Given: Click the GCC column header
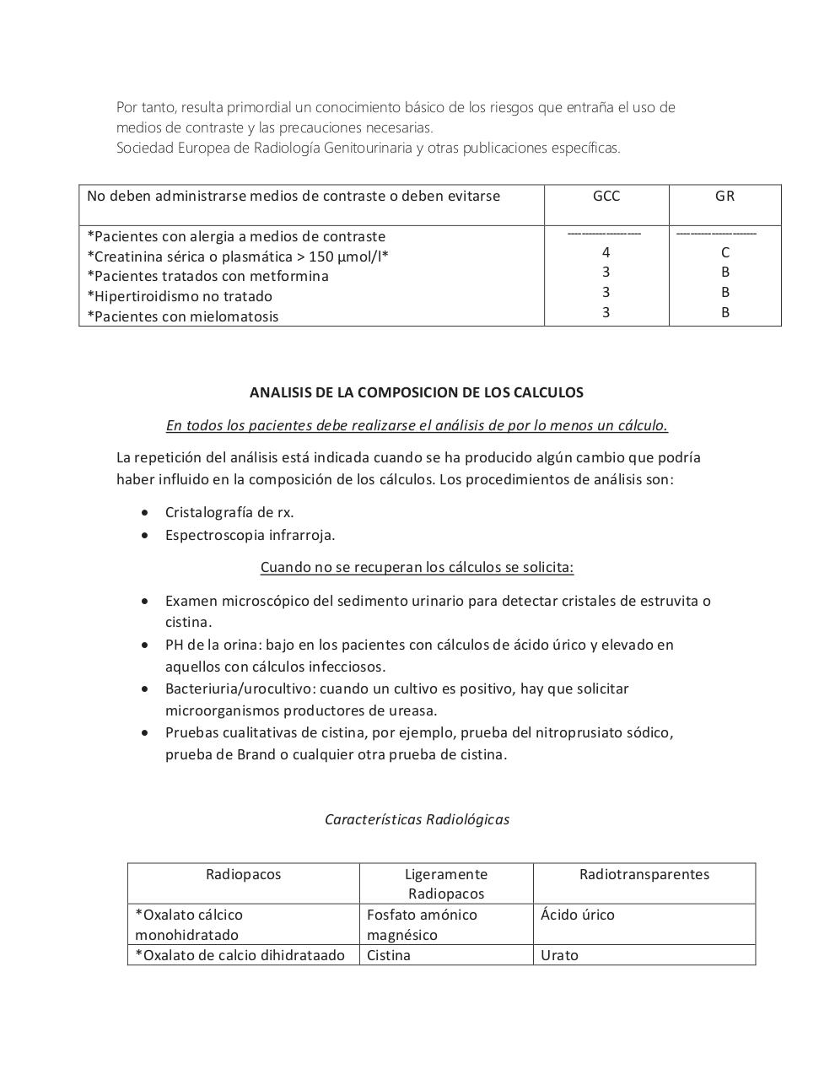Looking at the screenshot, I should coord(606,196).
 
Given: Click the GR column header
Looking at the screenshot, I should coord(725,196).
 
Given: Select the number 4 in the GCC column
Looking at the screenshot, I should coord(606,252).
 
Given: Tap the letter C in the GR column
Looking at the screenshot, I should coord(725,252).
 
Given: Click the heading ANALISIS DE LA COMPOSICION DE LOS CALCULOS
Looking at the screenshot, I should coord(417,392).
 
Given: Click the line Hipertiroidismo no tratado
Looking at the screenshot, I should coord(180,296).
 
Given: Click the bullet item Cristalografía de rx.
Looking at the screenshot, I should coord(229,512).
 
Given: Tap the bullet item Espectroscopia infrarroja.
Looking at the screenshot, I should coord(250,535).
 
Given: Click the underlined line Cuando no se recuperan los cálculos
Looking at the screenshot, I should coord(417,567).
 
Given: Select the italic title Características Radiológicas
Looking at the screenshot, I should coord(417,819).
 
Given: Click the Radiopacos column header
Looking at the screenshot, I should coord(243,874).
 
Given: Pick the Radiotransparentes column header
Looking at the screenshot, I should coord(644,874).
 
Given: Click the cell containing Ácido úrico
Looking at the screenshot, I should coord(578,915).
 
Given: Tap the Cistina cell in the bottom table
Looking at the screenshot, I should coord(389,955).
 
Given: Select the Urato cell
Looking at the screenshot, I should coord(559,955).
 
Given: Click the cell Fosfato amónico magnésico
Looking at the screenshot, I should coord(422,925).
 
